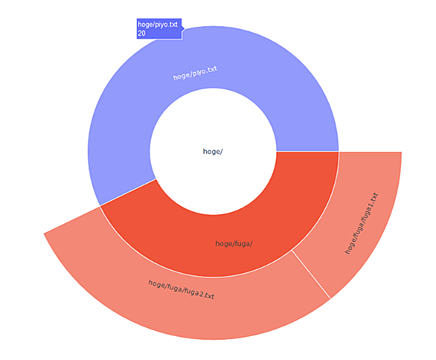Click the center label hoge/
coord(213,152)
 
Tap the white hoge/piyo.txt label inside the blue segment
coord(195,73)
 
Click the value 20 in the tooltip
coord(141,33)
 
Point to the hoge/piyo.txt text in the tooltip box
coord(158,25)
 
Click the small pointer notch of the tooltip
coord(183,28)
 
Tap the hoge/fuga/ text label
coord(234,244)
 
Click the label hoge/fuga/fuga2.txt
coord(181,289)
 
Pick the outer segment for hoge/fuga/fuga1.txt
coord(362,222)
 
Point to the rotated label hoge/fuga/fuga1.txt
coord(362,223)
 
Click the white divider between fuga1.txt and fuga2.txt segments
coord(311,274)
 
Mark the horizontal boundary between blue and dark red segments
coord(307,152)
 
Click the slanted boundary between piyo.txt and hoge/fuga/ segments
coord(128,193)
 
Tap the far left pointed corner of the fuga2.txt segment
coord(44,234)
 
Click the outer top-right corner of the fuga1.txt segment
coord(402,152)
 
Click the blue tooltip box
coord(159,29)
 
